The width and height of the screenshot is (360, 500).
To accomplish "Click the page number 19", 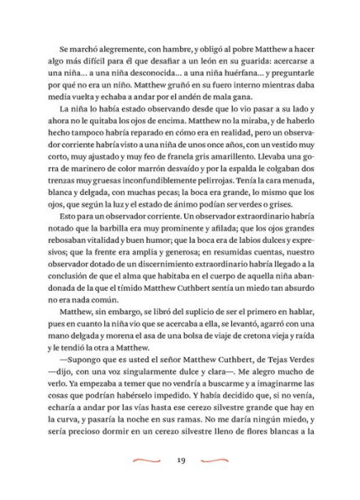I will pos(181,460).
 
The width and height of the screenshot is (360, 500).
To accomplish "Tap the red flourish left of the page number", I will pos(147,460).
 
